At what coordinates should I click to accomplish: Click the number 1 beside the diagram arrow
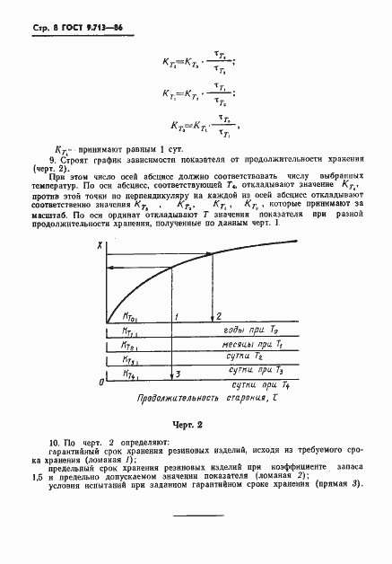pyautogui.click(x=178, y=316)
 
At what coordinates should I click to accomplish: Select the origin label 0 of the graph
pyautogui.click(x=100, y=383)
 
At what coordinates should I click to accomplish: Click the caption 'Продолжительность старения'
pyautogui.click(x=189, y=396)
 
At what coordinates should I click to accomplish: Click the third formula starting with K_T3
pyautogui.click(x=201, y=126)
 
